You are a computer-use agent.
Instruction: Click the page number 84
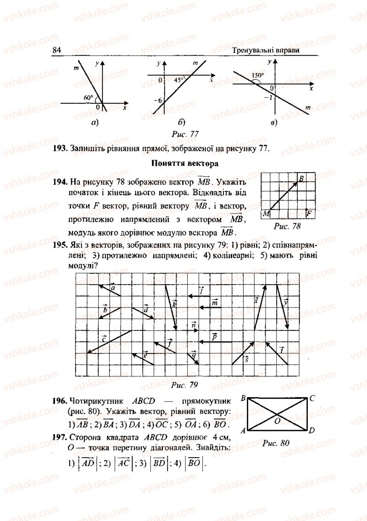57,50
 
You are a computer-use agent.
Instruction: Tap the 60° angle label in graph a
88,97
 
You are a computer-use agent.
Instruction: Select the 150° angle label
257,75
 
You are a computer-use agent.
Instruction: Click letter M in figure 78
266,214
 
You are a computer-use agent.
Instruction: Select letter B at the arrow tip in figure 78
301,178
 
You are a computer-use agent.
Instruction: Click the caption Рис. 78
287,226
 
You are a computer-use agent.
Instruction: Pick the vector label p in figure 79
214,336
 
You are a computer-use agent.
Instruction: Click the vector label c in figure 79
105,338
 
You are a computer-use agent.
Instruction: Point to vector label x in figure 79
256,300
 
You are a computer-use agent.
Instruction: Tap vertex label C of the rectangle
311,398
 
